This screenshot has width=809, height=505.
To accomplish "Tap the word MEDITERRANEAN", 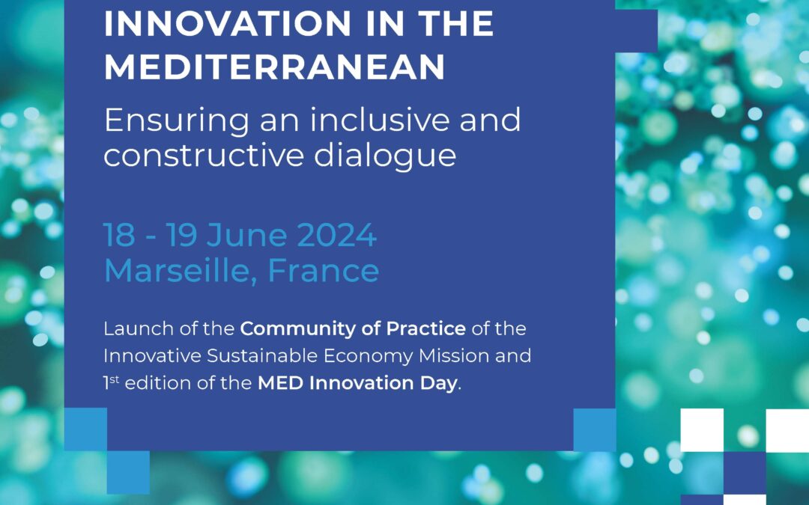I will (x=274, y=67).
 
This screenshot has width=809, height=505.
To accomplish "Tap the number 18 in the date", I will (x=119, y=236).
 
